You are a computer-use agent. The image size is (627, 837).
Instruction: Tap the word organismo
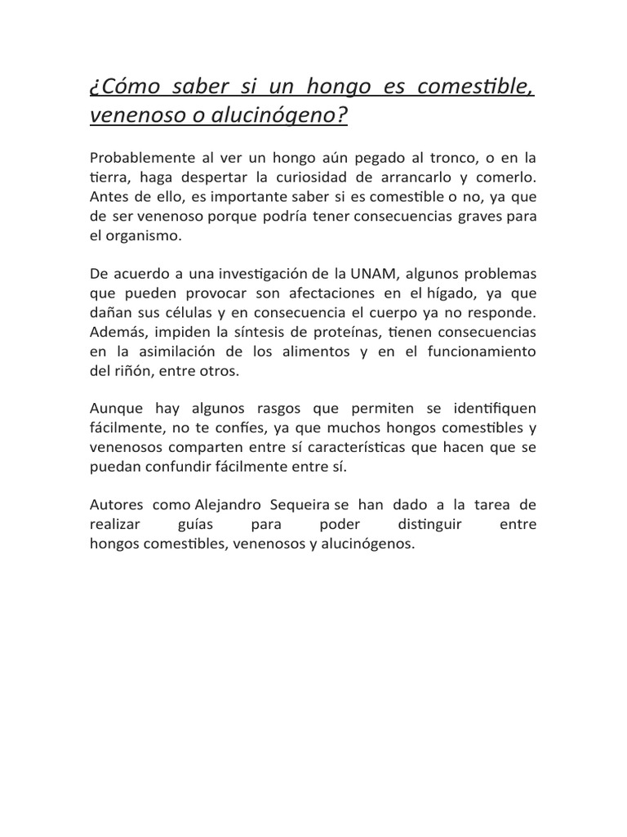147,236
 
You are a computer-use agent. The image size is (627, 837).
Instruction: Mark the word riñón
128,372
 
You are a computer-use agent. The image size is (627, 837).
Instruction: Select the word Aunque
117,409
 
